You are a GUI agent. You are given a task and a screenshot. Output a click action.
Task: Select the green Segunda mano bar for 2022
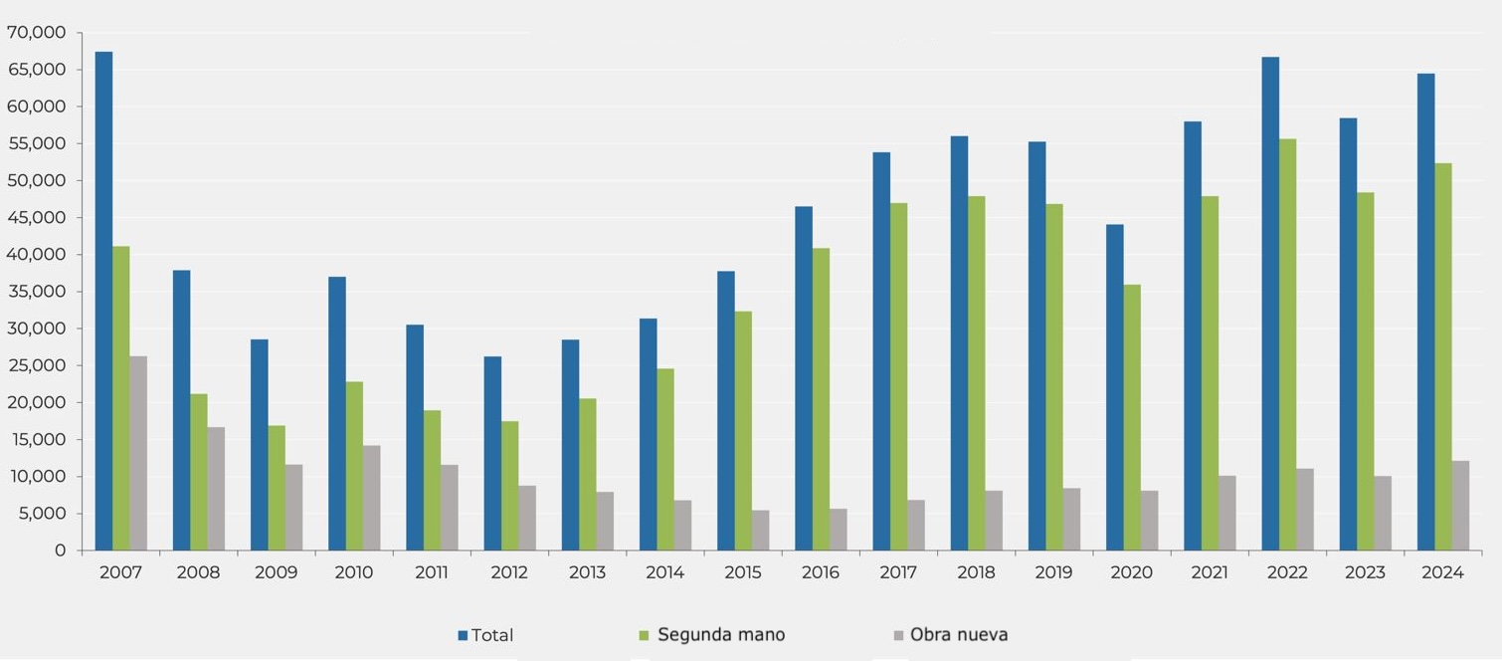[1287, 344]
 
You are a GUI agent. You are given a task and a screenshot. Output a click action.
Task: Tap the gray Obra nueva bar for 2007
[138, 453]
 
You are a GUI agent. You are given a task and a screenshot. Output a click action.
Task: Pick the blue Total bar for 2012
[492, 453]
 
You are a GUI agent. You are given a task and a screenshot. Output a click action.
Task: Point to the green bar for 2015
[743, 430]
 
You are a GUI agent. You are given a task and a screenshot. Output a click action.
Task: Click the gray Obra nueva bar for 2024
[1460, 505]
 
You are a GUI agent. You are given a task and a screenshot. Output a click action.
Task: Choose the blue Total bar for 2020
[1114, 387]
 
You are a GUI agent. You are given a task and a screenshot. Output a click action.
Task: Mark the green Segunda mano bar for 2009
[277, 488]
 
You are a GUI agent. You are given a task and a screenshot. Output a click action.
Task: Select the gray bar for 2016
[839, 530]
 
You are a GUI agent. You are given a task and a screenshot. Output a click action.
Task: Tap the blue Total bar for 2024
[1425, 312]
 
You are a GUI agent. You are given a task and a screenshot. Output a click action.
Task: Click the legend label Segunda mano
[721, 635]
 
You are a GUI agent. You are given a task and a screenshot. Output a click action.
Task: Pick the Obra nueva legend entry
[959, 635]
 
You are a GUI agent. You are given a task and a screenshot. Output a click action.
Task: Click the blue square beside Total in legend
[463, 635]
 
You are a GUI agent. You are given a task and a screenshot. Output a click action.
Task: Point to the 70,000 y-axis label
[36, 33]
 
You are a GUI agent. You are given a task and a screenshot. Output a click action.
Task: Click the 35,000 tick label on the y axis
[36, 292]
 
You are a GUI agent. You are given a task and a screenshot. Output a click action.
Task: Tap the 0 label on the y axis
[60, 551]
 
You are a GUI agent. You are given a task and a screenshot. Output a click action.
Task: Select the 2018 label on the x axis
[976, 573]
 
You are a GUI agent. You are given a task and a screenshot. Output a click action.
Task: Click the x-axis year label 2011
[432, 573]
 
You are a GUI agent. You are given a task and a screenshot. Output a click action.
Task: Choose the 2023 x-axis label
[1365, 573]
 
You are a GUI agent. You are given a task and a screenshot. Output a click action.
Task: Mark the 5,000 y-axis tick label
[41, 514]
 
